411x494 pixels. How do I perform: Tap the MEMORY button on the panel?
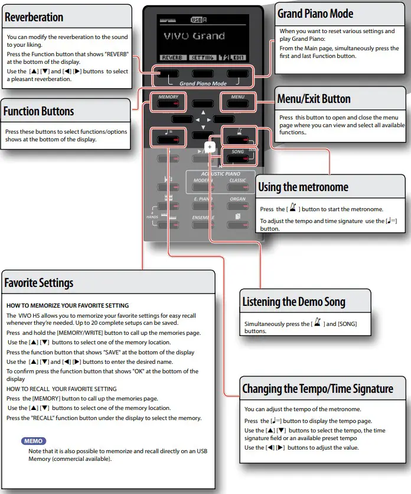[168, 101]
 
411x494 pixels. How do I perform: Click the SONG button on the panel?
[238, 156]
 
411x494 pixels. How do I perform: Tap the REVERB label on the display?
[171, 58]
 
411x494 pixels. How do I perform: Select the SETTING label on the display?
[203, 58]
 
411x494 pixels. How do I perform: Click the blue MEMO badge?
[34, 441]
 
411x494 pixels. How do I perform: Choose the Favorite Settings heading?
[39, 283]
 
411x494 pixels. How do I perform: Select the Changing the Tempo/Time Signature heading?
[317, 389]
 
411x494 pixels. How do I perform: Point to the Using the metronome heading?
[303, 188]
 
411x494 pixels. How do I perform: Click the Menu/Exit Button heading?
[314, 99]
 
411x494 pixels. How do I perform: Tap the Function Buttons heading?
[38, 111]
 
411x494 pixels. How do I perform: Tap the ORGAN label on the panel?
[237, 199]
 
